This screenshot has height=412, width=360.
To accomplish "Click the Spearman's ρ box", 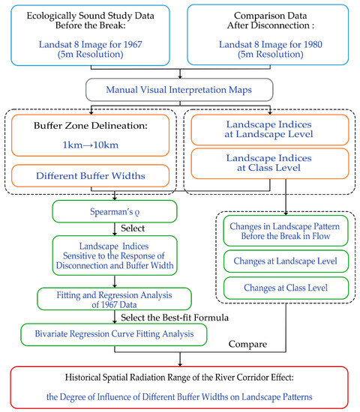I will tap(115, 211).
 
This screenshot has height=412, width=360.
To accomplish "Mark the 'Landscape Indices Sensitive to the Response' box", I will tap(115, 255).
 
